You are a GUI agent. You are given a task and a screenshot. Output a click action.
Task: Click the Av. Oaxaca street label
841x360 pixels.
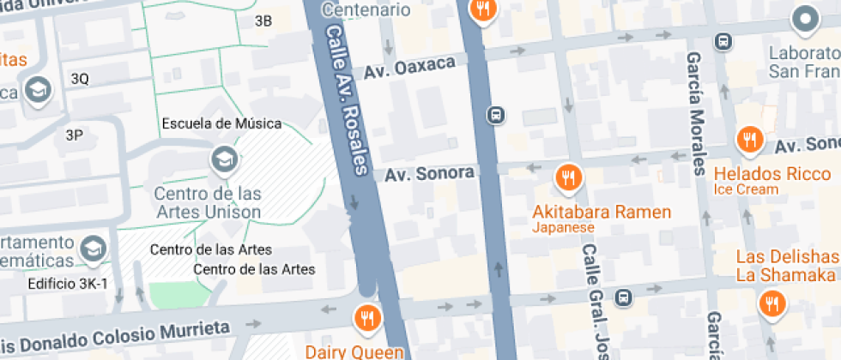(x=408, y=70)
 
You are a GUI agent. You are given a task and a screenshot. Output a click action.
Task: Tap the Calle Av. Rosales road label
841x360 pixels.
(x=348, y=99)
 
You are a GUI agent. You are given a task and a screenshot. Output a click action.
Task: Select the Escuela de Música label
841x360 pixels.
(x=221, y=123)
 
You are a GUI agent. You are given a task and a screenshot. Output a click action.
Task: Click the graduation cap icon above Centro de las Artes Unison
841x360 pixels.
(x=223, y=159)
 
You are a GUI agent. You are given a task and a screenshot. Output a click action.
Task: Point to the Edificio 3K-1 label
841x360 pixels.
(x=67, y=284)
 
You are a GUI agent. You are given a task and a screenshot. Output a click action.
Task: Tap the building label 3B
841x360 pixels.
(x=263, y=21)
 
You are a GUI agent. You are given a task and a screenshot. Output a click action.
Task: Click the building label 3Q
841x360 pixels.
(x=80, y=78)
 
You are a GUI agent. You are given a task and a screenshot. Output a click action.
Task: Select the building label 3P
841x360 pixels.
(x=74, y=135)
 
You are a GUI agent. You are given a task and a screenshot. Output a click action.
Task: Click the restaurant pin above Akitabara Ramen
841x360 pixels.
(x=567, y=177)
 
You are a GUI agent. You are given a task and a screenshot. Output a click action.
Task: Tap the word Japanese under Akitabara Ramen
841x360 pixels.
(x=563, y=228)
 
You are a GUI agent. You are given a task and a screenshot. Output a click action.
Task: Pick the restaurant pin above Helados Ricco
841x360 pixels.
(x=750, y=139)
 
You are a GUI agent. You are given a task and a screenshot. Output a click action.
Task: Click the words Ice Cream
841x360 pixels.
(x=746, y=189)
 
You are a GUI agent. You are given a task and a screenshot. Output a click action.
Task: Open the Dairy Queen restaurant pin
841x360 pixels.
(x=367, y=318)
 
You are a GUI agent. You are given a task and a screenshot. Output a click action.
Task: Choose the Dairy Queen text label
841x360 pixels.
(x=354, y=351)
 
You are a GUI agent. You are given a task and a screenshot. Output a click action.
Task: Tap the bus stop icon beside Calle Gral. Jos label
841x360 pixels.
(x=625, y=298)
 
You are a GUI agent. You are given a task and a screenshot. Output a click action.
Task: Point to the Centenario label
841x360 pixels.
(x=366, y=10)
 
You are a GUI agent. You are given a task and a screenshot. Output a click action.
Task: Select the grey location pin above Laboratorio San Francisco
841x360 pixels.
(x=805, y=18)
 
